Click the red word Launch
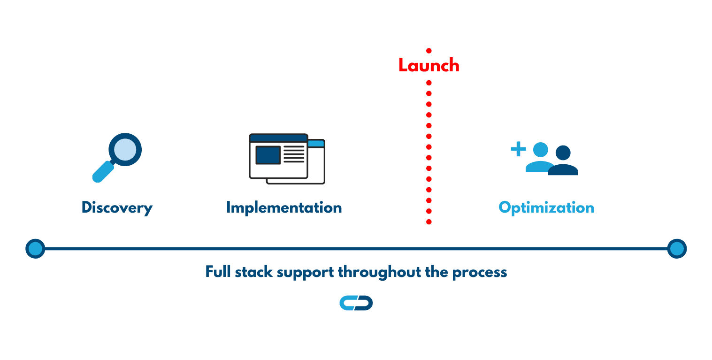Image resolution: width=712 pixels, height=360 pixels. tap(429, 65)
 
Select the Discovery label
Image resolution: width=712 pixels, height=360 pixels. tap(117, 208)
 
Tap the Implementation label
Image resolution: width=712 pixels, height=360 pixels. tap(284, 208)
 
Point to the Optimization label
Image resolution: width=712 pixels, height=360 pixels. tap(546, 208)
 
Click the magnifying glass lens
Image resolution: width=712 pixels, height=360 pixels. tap(125, 149)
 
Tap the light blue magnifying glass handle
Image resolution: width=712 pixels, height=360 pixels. tap(103, 172)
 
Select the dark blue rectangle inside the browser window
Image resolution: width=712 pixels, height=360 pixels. tap(268, 155)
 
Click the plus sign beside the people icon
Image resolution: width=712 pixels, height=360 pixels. tap(519, 149)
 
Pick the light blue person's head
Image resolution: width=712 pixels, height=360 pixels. tap(540, 150)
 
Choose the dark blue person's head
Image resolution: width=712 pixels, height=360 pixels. tap(563, 153)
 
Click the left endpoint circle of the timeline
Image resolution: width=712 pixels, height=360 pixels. tap(35, 248)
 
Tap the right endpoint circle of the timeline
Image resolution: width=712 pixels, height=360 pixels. tap(677, 248)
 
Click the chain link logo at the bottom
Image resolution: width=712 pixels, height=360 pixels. tap(356, 303)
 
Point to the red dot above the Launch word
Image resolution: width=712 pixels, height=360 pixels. tap(429, 51)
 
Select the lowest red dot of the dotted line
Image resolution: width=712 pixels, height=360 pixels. tap(429, 222)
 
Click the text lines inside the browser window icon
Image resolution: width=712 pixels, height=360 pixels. tap(294, 154)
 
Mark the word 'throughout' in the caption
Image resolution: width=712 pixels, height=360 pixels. tap(380, 272)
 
